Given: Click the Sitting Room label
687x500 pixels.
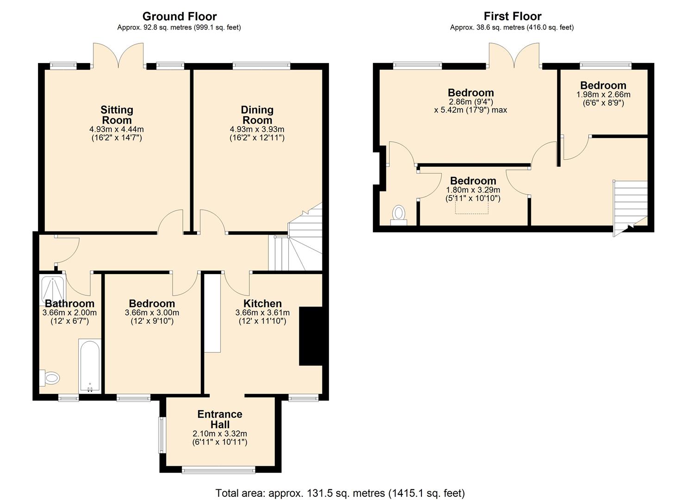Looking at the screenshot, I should pos(117,115).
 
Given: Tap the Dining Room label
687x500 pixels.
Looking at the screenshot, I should pos(257,115).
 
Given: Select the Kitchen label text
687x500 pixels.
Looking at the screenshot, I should pos(262,304).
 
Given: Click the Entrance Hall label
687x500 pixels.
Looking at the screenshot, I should pos(220,419).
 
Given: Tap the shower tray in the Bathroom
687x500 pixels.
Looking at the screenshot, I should pos(53,290).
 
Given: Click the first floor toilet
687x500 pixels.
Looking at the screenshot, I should pos(398,215).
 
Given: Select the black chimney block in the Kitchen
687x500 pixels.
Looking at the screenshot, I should pos(310,336).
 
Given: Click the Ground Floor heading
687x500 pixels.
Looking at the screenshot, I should pos(179,17).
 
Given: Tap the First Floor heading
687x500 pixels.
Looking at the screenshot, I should pos(512,17).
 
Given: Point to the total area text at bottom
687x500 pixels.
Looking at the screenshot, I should pos(340,493).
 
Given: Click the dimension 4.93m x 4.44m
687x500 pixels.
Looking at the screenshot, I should pos(117,129).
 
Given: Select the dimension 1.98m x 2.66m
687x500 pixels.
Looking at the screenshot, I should pos(603,94).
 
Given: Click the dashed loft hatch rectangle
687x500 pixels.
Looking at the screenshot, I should pos(472,207).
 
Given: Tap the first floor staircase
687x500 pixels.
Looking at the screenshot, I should pos(630,204).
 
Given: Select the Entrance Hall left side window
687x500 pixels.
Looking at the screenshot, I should pos(162,435).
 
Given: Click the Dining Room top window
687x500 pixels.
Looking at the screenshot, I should pos(261,66).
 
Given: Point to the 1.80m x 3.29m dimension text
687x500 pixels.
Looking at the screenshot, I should pos(473,190).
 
